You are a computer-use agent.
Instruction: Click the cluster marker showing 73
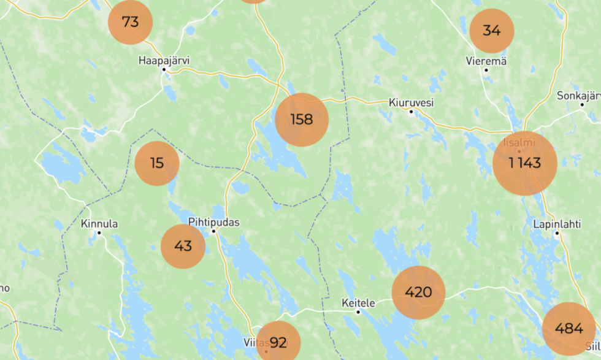pyautogui.click(x=130, y=22)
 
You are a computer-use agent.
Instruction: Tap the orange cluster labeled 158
pyautogui.click(x=302, y=120)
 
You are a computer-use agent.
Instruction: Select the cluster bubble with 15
pyautogui.click(x=157, y=163)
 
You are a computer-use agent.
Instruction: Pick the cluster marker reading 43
pyautogui.click(x=183, y=246)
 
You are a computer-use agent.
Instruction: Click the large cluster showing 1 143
pyautogui.click(x=525, y=163)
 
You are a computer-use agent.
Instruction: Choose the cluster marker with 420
pyautogui.click(x=418, y=293)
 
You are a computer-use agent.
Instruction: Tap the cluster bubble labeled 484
pyautogui.click(x=568, y=329)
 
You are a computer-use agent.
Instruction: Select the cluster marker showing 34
pyautogui.click(x=491, y=30)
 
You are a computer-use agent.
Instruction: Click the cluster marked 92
pyautogui.click(x=278, y=342)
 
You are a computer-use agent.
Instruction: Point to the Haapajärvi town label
pyautogui.click(x=164, y=60)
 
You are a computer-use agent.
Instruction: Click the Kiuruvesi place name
pyautogui.click(x=411, y=102)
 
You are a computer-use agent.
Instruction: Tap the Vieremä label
pyautogui.click(x=486, y=61)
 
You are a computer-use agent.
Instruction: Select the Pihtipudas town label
pyautogui.click(x=214, y=222)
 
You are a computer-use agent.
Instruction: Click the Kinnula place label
pyautogui.click(x=99, y=224)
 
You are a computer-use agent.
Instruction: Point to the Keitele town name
pyautogui.click(x=358, y=302)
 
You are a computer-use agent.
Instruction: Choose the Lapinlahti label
pyautogui.click(x=557, y=224)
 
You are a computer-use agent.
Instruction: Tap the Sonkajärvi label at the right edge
pyautogui.click(x=578, y=96)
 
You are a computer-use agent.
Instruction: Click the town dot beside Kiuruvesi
pyautogui.click(x=412, y=112)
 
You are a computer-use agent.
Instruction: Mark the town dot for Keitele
pyautogui.click(x=358, y=312)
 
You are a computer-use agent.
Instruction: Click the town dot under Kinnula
pyautogui.click(x=99, y=233)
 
